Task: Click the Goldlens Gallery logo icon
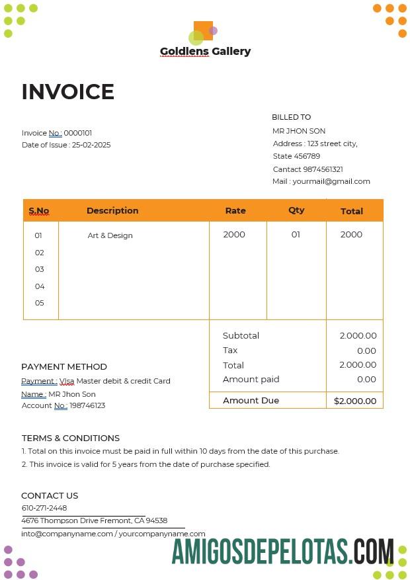point(202,32)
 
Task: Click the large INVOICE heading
point(68,92)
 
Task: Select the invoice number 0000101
point(78,133)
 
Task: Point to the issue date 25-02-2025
point(91,145)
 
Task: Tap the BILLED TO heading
point(291,117)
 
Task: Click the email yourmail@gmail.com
point(331,181)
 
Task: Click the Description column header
point(112,210)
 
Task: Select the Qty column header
point(296,210)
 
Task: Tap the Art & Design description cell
point(110,235)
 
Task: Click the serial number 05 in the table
point(40,303)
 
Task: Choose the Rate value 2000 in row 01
point(234,235)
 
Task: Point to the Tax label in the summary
point(230,351)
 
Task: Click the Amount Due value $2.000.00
point(355,401)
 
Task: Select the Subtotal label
point(241,336)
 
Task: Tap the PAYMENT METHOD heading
point(64,366)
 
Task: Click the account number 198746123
point(87,405)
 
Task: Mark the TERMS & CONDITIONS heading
point(71,438)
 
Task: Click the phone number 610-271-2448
point(44,508)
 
